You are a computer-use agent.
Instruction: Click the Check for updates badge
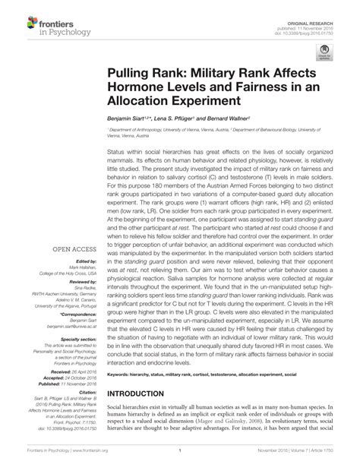coord(325,50)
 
